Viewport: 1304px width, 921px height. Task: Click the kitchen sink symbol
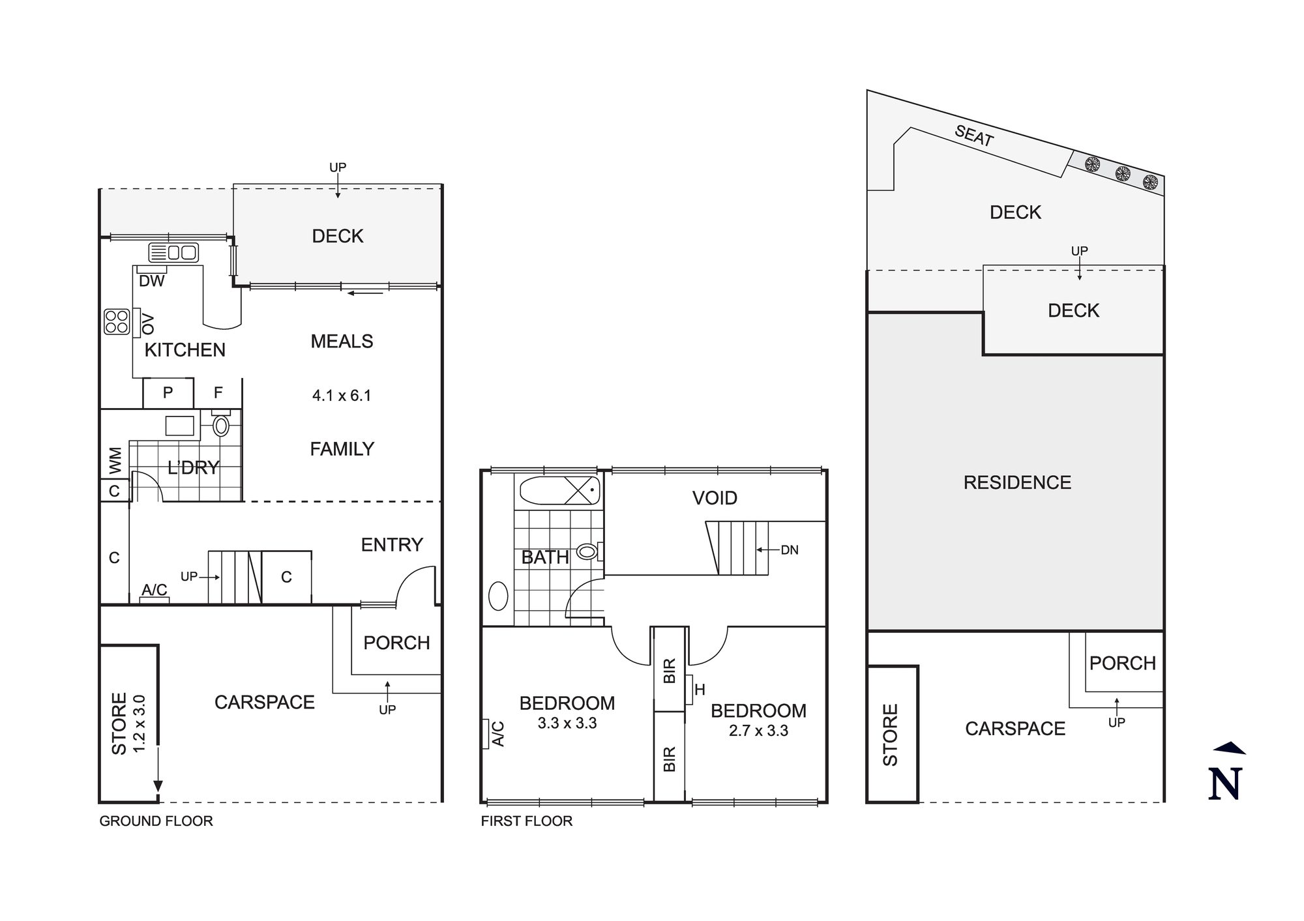(x=173, y=252)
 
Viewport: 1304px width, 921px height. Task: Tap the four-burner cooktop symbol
(x=117, y=321)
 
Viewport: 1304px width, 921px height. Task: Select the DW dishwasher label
(x=152, y=281)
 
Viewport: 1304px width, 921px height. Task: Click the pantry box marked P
(x=168, y=393)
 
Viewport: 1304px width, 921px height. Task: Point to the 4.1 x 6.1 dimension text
(x=342, y=396)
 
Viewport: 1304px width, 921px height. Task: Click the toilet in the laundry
(x=221, y=426)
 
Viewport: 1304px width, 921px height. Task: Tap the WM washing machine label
(x=115, y=460)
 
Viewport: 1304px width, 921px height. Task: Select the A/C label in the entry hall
(x=155, y=590)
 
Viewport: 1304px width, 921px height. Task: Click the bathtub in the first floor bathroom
(x=559, y=490)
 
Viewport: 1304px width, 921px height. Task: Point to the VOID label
(x=715, y=498)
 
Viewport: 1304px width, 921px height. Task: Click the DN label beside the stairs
(x=790, y=550)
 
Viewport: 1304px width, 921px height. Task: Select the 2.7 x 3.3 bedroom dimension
(x=758, y=731)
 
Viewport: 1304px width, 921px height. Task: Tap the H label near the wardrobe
(x=700, y=690)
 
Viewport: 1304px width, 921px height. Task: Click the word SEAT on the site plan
(x=973, y=136)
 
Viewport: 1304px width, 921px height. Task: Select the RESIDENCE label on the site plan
(x=1017, y=482)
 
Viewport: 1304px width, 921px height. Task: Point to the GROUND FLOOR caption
(x=156, y=821)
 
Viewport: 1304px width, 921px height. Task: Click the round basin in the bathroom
(x=498, y=596)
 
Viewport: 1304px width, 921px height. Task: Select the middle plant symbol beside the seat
(x=1122, y=173)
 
